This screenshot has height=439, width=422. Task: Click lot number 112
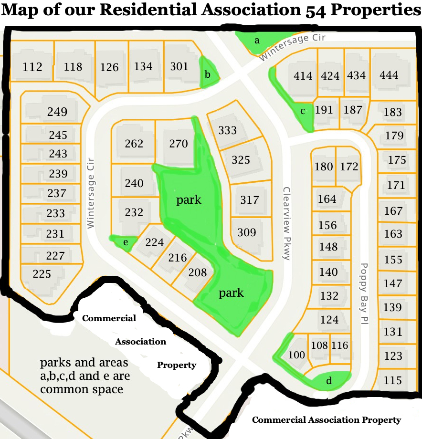(32, 67)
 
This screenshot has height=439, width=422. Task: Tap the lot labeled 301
(179, 66)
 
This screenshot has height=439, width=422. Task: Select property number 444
(389, 75)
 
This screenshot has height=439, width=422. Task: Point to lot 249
(57, 112)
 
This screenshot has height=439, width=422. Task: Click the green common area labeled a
(257, 41)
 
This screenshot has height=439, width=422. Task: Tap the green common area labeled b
(208, 74)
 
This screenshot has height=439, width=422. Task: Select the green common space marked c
(303, 111)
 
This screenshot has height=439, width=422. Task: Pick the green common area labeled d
(329, 381)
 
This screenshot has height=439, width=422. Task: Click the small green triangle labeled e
(126, 242)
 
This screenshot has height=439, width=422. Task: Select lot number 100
(296, 355)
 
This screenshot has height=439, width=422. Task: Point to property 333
(227, 130)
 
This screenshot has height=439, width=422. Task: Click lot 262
(134, 144)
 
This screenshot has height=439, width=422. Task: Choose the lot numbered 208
(198, 272)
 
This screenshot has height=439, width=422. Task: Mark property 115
(392, 381)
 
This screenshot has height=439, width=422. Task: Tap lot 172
(349, 167)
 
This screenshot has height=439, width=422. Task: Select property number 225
(42, 274)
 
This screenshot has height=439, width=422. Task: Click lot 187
(353, 110)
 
